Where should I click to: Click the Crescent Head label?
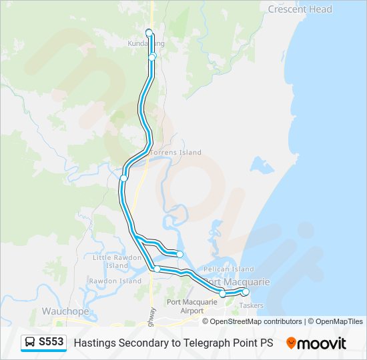coord(300,9)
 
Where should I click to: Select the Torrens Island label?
coord(175,153)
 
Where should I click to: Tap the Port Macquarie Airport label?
coord(192,307)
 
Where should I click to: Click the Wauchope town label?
coord(61,311)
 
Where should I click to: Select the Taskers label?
coord(251,305)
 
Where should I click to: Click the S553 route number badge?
coord(51,342)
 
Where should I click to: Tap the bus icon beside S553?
coord(31,342)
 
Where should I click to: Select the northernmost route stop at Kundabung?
coord(149,32)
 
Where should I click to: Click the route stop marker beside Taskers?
coord(246,292)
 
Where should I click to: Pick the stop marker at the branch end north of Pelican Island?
coord(179,254)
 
